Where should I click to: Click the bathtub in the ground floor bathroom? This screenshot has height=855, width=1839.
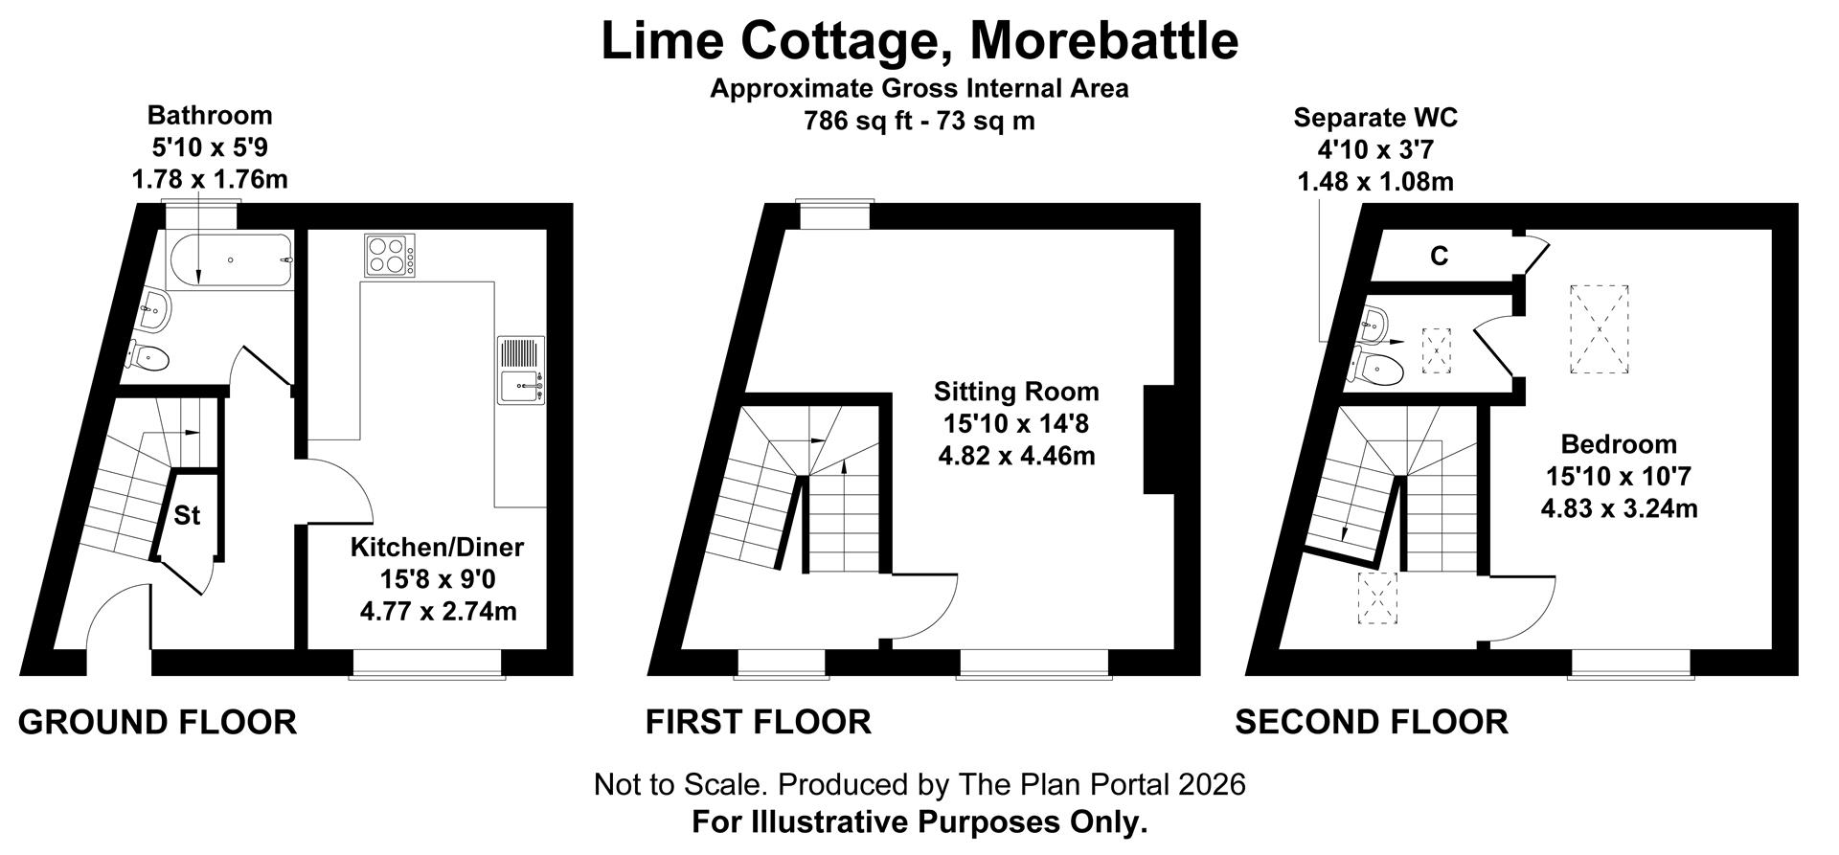[x=230, y=260]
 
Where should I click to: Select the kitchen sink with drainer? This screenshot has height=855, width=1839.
[x=520, y=370]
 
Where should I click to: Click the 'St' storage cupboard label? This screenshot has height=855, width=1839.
[x=187, y=516]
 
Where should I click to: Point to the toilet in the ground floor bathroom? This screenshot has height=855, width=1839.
[x=148, y=358]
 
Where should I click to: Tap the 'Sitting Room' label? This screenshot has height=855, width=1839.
[x=1016, y=392]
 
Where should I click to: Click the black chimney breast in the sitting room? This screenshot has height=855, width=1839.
[x=1159, y=439]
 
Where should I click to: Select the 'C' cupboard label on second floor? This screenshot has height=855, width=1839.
[x=1439, y=257]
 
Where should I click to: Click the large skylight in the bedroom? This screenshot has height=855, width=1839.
[x=1599, y=329]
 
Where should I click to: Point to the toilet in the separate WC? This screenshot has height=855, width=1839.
[x=1375, y=366]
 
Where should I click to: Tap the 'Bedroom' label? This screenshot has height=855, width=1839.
[x=1619, y=444]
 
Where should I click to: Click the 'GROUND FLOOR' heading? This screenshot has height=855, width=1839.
[x=157, y=723]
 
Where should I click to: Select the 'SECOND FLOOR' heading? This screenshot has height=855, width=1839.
[x=1371, y=723]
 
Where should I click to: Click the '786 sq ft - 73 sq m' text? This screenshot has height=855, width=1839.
[x=919, y=122]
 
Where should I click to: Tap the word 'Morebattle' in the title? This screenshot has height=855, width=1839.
[x=1104, y=40]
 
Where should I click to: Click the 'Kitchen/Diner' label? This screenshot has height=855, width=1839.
[x=437, y=548]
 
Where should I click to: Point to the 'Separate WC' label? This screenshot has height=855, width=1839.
[x=1375, y=118]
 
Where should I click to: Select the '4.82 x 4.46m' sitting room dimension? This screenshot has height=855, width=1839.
[x=1016, y=456]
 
